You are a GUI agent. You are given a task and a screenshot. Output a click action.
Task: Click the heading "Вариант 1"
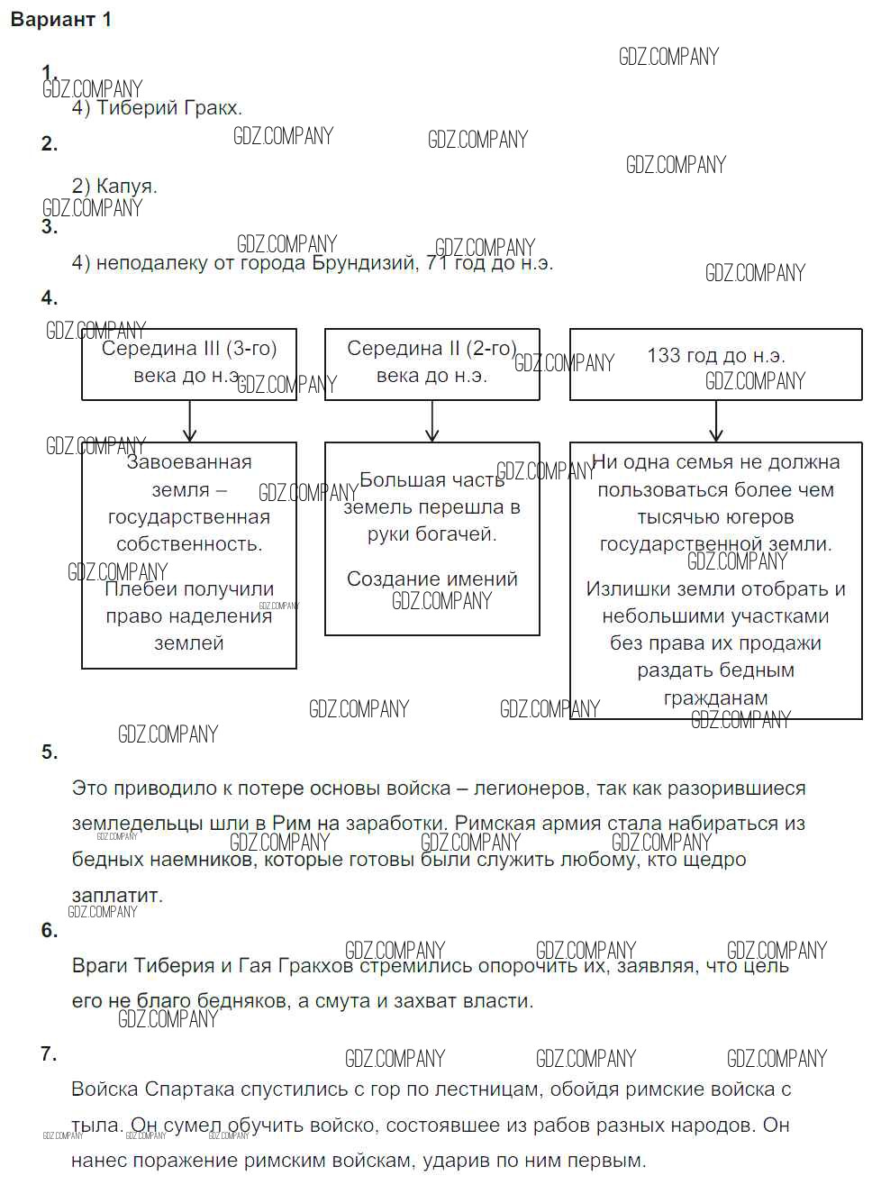[61, 20]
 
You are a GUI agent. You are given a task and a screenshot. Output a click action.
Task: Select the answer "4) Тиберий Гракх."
[157, 108]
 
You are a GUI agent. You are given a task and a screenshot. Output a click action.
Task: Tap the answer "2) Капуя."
[114, 187]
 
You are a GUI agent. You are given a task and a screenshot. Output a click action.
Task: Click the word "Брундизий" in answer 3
[363, 263]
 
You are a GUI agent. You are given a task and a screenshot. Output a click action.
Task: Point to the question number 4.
[50, 298]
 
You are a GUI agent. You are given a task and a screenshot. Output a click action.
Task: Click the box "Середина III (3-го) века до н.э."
[188, 363]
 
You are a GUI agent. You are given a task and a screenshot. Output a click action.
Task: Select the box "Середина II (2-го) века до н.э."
[431, 363]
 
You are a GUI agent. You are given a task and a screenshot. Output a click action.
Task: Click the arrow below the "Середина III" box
[189, 421]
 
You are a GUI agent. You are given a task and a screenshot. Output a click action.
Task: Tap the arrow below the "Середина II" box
[432, 421]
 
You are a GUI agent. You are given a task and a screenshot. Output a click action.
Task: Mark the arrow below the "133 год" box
[716, 421]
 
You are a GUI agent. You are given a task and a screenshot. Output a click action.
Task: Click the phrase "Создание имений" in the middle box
[432, 579]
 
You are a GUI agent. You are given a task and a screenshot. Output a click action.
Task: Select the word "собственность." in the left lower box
[189, 544]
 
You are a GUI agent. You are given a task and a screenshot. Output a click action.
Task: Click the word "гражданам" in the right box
[715, 698]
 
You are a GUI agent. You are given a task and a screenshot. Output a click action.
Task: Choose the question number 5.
[50, 752]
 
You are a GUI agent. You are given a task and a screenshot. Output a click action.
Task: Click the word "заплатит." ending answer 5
[117, 896]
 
